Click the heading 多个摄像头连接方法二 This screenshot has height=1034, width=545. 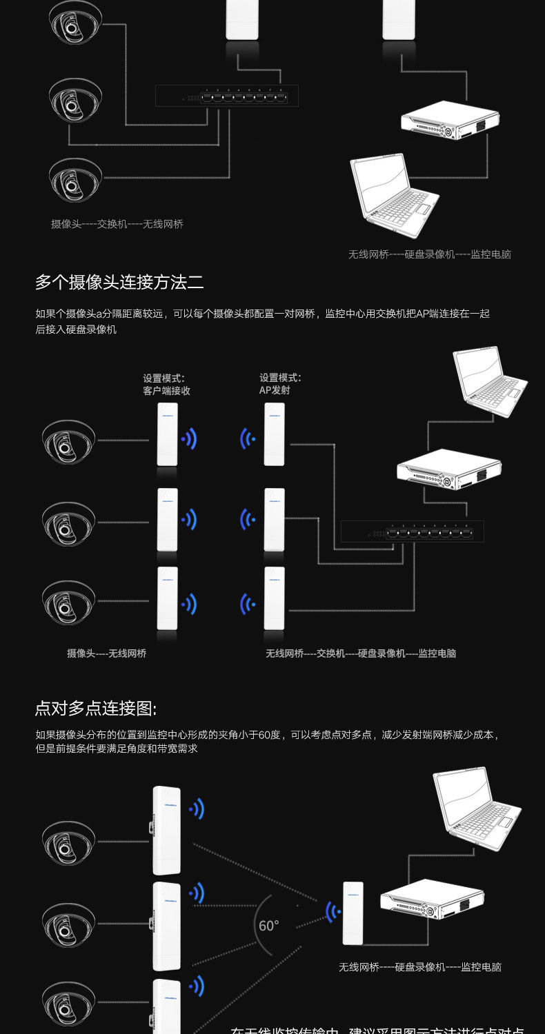coord(119,282)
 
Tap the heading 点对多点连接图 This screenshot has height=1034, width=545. coord(96,709)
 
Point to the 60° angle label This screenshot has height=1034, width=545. coord(268,925)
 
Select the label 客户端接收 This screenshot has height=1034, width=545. coord(166,390)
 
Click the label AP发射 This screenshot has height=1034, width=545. coord(275,390)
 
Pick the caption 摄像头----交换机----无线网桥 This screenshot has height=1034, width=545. coord(117,224)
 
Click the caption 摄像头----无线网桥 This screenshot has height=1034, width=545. coord(106,653)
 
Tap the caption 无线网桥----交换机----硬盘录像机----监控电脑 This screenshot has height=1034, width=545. coord(361,653)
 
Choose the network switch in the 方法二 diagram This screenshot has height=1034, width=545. coord(412,531)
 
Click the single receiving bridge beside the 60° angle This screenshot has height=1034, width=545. coord(353,913)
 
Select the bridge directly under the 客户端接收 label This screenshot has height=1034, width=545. coord(167,434)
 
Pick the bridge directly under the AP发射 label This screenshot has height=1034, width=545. coord(274,434)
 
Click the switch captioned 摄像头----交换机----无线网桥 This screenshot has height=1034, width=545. coord(226,96)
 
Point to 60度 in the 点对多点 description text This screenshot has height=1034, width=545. coord(270,735)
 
